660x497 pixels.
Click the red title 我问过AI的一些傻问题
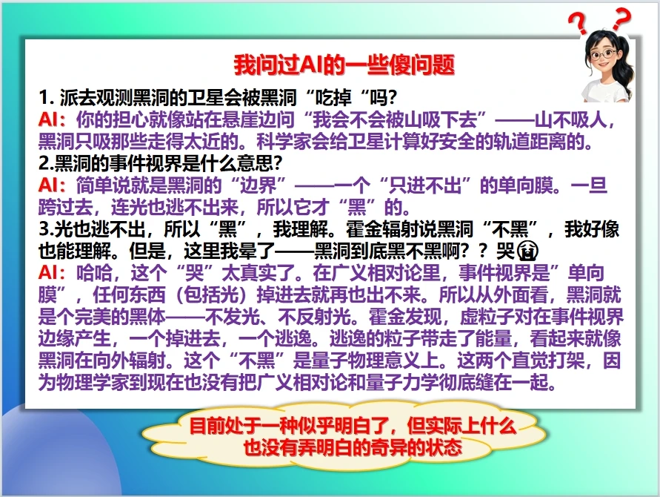344,65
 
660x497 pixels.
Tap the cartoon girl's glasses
603,54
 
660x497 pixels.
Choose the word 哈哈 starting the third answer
94,274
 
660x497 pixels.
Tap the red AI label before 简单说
49,186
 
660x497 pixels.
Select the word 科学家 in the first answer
284,142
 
